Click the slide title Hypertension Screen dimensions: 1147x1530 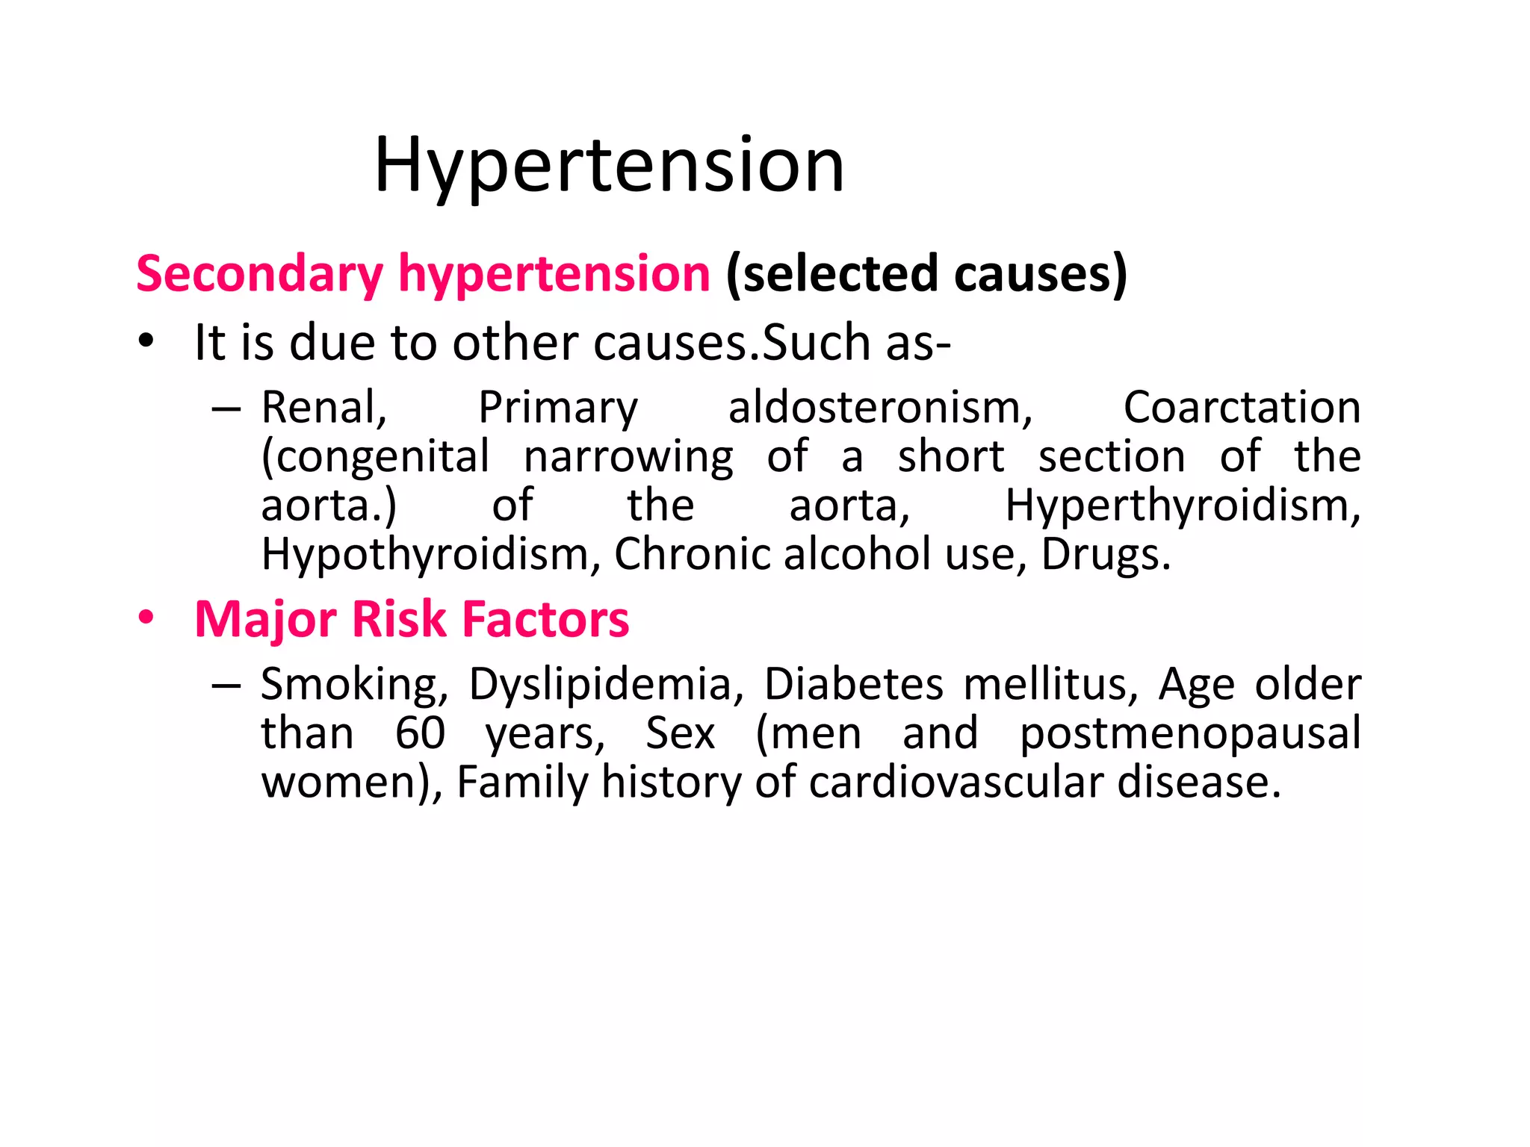tap(609, 166)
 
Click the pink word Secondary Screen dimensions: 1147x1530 tap(259, 274)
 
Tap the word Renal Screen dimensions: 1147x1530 tap(323, 408)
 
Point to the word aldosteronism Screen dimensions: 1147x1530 tap(880, 408)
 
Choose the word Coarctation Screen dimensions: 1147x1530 tap(1242, 408)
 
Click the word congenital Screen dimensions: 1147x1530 tap(376, 457)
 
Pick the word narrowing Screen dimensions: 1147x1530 tap(628, 457)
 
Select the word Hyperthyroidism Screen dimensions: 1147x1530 tap(1183, 506)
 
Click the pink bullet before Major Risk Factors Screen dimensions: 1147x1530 tap(146, 618)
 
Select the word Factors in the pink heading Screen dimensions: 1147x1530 tap(545, 620)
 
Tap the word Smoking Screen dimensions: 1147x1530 tap(354, 685)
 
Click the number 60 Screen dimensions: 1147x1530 tap(420, 733)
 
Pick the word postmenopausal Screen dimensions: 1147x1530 tap(1190, 733)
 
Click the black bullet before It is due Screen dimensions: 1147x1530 tap(146, 341)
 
